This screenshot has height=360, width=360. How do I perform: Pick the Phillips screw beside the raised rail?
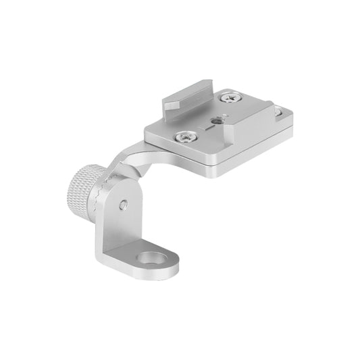point(232,98)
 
